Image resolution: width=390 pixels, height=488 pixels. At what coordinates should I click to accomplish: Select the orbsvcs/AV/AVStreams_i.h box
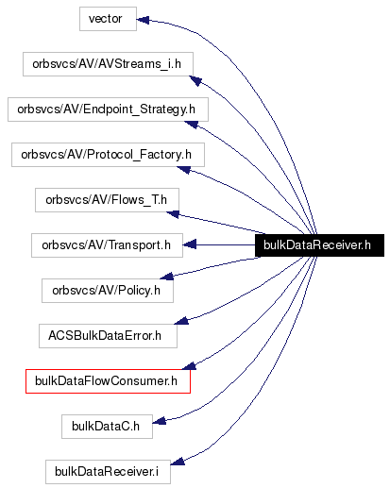coord(108,64)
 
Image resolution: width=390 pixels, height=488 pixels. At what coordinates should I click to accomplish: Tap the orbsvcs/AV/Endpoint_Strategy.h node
coord(108,109)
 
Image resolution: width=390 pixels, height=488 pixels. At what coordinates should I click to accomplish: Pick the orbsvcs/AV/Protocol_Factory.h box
coord(108,155)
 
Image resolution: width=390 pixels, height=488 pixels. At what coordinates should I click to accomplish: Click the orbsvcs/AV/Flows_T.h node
coord(108,200)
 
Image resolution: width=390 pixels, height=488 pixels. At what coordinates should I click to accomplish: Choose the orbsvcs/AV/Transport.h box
coord(107,245)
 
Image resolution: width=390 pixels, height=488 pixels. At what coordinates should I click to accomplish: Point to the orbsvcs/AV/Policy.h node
coord(108,291)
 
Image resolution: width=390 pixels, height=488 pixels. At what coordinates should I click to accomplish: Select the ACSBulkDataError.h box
coord(107,335)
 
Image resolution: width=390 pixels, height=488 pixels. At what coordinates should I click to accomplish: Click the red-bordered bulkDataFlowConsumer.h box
coord(108,381)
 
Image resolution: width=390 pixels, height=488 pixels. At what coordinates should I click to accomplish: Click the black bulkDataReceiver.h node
coord(317,245)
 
